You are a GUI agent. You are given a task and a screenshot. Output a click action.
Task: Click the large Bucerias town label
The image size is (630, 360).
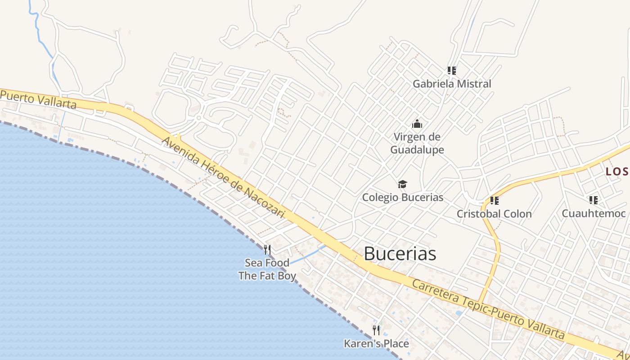tap(400, 254)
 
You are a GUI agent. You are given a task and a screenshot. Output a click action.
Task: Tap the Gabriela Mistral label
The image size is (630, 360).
tap(452, 84)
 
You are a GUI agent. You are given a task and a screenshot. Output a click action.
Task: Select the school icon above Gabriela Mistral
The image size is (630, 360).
tap(452, 70)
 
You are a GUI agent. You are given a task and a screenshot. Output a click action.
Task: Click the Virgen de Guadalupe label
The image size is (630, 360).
tap(417, 143)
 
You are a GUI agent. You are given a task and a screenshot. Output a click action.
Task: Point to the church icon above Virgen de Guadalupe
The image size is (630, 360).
tap(417, 123)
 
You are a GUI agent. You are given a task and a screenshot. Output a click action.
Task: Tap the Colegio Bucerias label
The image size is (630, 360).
tap(403, 197)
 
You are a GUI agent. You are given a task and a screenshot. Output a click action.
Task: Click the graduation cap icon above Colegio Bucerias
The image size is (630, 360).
tap(403, 184)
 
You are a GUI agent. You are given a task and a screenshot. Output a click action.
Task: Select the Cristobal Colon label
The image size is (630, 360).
tap(494, 214)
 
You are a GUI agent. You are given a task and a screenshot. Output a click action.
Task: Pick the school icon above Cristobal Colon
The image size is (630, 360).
tap(495, 200)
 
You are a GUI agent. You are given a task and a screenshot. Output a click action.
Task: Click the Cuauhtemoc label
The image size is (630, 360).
tap(594, 213)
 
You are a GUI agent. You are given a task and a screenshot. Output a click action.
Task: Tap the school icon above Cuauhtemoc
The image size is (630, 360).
tap(594, 200)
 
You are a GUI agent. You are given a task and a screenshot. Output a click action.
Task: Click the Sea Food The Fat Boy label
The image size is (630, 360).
tap(267, 269)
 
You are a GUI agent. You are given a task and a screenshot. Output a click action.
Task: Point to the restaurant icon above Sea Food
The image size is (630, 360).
tap(267, 249)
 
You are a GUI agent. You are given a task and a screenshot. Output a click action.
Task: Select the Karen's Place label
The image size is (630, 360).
tap(376, 344)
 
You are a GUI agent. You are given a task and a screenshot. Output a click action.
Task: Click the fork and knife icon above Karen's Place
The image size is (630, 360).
tap(376, 330)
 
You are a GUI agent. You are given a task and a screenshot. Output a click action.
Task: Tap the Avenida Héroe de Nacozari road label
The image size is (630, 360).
tap(223, 178)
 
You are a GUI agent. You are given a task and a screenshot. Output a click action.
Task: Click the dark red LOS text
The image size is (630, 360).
tap(617, 171)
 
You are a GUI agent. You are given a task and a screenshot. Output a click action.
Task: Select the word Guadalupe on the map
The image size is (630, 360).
tap(417, 150)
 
